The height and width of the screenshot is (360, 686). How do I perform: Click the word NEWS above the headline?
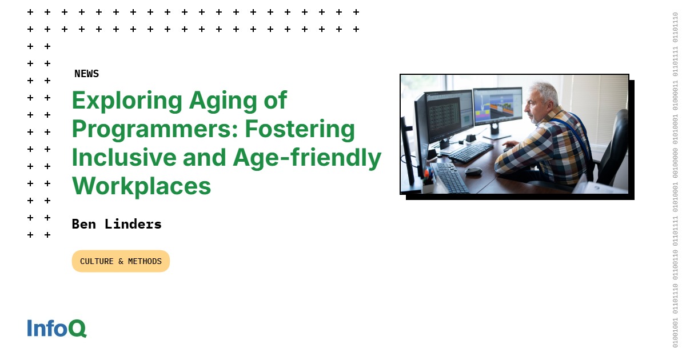[x=86, y=74]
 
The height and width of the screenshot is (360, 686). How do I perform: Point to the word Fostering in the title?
[x=300, y=130]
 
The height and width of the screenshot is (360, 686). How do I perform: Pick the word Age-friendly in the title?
[x=306, y=158]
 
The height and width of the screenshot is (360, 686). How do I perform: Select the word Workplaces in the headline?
[x=141, y=186]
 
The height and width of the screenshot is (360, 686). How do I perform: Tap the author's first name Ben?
[x=83, y=224]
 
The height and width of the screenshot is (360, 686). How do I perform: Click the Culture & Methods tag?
[x=121, y=261]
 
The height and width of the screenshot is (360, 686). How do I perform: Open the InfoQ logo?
[x=57, y=328]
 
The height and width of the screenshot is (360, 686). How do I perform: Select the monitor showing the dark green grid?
[x=447, y=114]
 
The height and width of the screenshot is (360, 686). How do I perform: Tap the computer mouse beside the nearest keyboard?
[x=473, y=171]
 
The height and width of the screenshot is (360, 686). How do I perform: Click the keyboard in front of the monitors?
[x=470, y=153]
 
